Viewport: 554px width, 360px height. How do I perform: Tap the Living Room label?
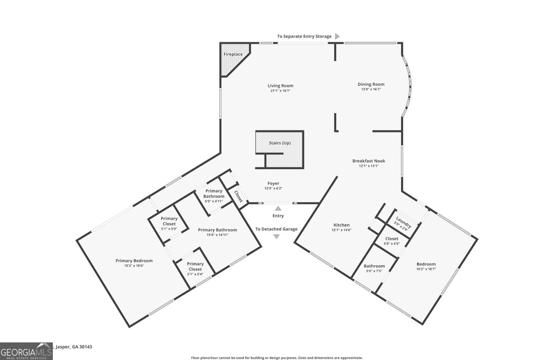[280, 86]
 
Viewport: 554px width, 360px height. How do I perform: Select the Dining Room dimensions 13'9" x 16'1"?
[371, 89]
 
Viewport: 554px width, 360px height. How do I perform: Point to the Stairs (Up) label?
[280, 143]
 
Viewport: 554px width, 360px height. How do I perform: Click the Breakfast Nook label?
[368, 161]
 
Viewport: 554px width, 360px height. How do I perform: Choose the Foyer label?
[274, 184]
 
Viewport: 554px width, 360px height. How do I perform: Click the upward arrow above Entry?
[278, 209]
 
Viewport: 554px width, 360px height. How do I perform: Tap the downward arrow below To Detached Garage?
[277, 236]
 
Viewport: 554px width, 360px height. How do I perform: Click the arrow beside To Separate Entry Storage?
[338, 36]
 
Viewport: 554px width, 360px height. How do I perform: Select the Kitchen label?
[341, 225]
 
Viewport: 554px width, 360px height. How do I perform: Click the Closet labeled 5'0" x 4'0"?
[391, 239]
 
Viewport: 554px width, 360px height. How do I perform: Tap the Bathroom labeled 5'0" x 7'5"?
[374, 266]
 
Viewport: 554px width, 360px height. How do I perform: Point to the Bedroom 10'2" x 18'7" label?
[426, 264]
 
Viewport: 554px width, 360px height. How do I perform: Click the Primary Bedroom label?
[134, 260]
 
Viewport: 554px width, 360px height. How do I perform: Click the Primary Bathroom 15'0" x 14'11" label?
[217, 230]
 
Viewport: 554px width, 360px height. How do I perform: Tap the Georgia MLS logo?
[26, 351]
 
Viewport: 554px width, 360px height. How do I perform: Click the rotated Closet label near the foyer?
[237, 196]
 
